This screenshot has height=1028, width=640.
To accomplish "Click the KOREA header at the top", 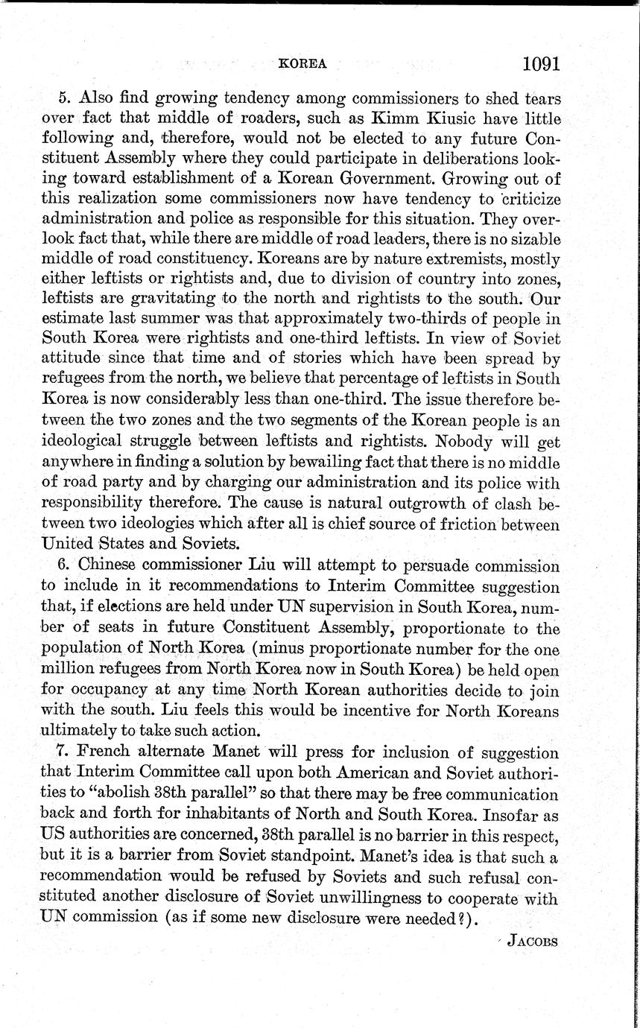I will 302,64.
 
